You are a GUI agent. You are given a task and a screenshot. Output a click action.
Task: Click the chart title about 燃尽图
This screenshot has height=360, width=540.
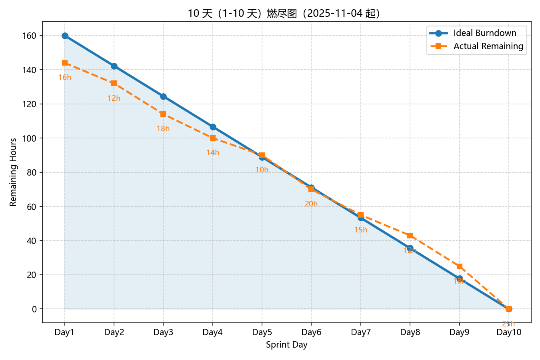(x=284, y=13)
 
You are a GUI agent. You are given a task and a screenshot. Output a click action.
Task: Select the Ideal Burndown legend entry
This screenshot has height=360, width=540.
(x=484, y=33)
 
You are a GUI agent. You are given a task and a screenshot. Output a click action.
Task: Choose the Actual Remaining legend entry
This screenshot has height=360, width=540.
(x=488, y=46)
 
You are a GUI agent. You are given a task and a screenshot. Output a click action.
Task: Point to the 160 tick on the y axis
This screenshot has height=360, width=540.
(x=29, y=36)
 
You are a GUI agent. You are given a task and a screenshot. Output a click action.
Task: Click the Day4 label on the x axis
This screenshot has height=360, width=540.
(x=212, y=332)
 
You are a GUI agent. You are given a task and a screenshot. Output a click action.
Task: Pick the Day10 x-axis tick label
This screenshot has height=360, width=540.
(x=509, y=332)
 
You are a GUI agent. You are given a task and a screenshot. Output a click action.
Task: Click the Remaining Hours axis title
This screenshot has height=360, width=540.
(x=13, y=172)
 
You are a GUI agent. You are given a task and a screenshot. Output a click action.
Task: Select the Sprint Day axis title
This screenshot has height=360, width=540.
(x=286, y=345)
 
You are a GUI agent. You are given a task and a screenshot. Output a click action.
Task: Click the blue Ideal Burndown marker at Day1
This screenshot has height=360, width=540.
(x=65, y=36)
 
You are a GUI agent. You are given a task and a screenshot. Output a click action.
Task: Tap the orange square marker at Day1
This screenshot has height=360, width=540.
(x=65, y=63)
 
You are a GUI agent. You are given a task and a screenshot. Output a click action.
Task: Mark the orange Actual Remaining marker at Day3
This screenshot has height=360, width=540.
(x=163, y=114)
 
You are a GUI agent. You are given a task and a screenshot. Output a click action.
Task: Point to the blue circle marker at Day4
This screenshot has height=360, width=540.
(x=213, y=127)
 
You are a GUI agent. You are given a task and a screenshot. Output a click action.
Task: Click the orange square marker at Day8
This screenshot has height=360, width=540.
(x=410, y=236)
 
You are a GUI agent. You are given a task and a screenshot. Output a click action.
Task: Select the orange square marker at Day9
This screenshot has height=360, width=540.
(x=459, y=266)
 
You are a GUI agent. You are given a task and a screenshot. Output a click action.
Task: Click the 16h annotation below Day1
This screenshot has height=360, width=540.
(x=65, y=78)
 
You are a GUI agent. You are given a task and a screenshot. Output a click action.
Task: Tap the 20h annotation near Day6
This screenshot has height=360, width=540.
(x=311, y=204)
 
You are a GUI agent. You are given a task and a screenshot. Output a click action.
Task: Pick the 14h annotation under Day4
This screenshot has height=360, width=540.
(x=213, y=153)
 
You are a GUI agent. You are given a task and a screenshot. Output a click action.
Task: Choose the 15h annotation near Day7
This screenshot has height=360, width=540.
(x=360, y=230)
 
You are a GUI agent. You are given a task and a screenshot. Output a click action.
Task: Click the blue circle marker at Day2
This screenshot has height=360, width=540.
(x=114, y=66)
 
